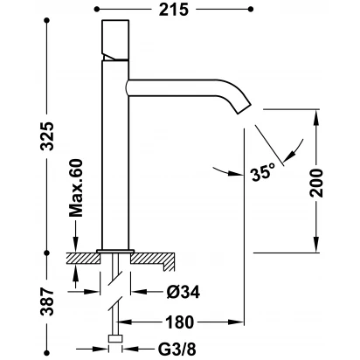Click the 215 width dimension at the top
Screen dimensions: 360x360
point(174,10)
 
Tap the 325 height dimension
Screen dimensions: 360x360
point(47,136)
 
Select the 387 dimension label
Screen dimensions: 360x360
point(47,301)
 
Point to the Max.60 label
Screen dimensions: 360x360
point(76,188)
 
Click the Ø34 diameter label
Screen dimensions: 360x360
point(183,292)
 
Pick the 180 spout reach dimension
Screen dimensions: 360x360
point(179,322)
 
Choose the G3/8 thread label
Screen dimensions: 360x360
point(177,349)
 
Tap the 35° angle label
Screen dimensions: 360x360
point(263,173)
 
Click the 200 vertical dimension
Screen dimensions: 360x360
point(316,183)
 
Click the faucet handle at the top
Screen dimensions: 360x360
point(115,40)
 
